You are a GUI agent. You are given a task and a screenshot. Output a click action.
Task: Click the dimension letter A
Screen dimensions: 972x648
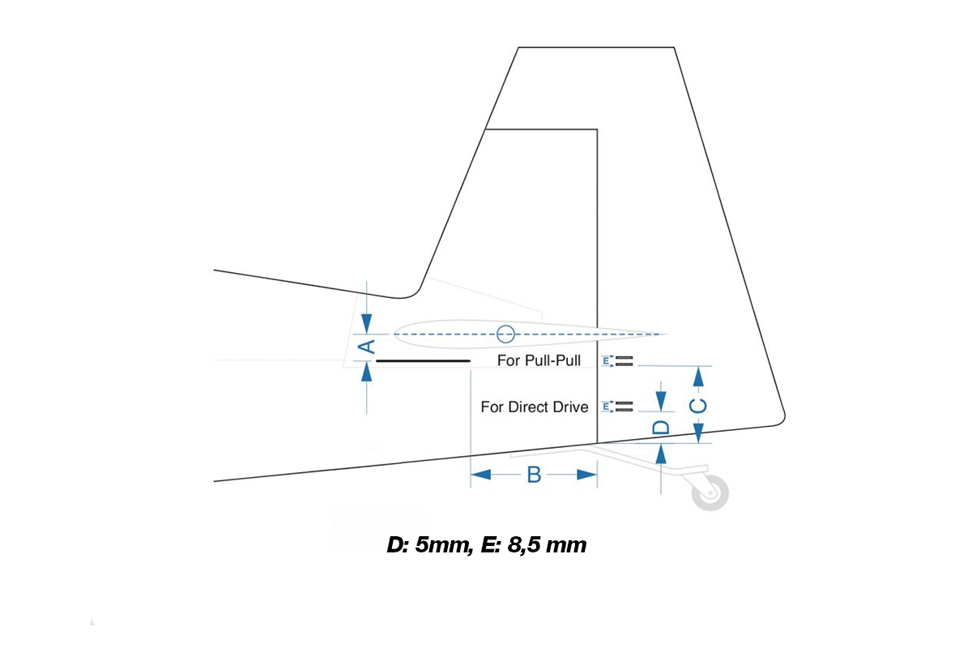click(x=368, y=347)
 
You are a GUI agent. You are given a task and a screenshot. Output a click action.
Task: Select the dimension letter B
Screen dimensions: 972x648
click(x=534, y=475)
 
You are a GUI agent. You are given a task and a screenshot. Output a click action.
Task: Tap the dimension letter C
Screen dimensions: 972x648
click(x=698, y=406)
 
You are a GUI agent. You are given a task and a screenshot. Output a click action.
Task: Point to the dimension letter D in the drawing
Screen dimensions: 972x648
click(x=661, y=428)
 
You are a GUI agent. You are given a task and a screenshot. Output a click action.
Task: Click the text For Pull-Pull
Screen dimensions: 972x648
click(x=539, y=360)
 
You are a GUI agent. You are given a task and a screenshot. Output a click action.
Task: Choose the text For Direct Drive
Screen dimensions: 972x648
click(x=534, y=407)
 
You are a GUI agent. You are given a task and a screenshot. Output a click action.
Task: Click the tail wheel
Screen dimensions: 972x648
click(x=710, y=492)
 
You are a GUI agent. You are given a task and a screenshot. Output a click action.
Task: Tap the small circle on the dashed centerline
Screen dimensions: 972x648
click(x=505, y=335)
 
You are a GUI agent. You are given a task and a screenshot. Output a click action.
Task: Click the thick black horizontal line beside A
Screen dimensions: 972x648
click(x=423, y=360)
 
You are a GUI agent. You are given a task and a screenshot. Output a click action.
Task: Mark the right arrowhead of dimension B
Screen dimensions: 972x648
click(x=587, y=475)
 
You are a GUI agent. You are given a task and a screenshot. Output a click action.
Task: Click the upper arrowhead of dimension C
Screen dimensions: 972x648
click(x=698, y=377)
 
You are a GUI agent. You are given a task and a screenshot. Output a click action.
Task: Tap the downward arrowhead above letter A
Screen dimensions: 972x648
click(x=367, y=323)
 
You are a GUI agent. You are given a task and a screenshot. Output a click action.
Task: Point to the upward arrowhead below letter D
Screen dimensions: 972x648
click(x=661, y=454)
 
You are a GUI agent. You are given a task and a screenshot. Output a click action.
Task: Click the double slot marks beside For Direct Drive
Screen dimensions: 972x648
click(x=625, y=407)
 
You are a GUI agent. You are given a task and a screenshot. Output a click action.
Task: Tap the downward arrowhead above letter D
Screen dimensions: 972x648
click(x=661, y=402)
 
